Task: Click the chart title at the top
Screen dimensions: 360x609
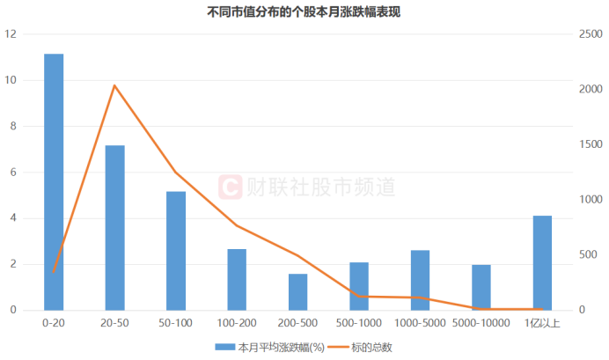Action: click(x=304, y=13)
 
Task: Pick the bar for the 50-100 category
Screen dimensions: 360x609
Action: click(x=176, y=250)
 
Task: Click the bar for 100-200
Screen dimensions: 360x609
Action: click(x=237, y=279)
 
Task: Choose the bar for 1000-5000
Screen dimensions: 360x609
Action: click(x=420, y=280)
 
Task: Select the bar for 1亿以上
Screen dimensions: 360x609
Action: click(x=542, y=262)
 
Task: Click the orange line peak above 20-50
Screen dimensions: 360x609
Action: click(x=114, y=85)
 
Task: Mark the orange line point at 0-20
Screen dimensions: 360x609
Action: click(x=54, y=272)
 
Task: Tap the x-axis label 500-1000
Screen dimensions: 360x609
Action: click(x=358, y=323)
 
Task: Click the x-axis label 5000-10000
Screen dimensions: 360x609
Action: click(x=481, y=323)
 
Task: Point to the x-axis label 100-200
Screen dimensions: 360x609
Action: click(x=237, y=323)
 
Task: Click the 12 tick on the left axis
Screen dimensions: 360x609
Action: click(x=10, y=34)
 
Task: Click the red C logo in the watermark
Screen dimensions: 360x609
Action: click(x=230, y=186)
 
